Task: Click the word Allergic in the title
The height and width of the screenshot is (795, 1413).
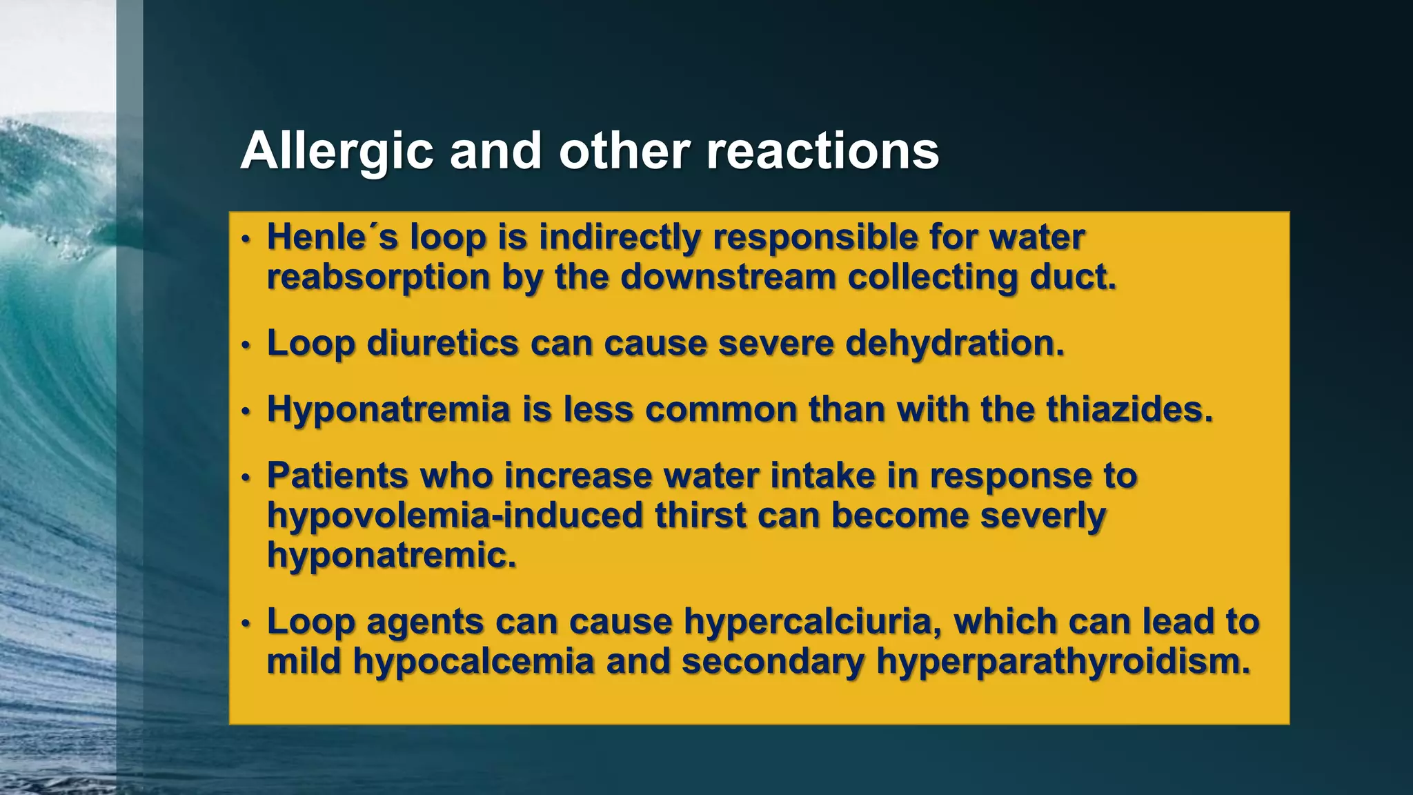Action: tap(337, 151)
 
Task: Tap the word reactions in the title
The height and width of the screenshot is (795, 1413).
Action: tap(822, 151)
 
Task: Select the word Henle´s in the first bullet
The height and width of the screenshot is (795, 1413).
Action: tap(333, 237)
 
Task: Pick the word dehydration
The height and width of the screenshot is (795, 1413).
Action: tap(954, 343)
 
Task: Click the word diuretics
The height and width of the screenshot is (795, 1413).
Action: tap(442, 343)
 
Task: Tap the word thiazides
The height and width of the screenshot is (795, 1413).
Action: tap(1129, 409)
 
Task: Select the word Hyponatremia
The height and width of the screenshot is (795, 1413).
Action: tap(388, 409)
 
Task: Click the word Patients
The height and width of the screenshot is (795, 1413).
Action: tap(338, 475)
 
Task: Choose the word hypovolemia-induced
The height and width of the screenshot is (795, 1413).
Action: tap(455, 516)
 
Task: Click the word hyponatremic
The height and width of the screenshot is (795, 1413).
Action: tap(391, 555)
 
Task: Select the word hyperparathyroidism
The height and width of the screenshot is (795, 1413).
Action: tap(1063, 661)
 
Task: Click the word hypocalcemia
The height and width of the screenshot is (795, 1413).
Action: tap(473, 661)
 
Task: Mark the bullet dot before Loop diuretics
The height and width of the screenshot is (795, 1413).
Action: tap(246, 345)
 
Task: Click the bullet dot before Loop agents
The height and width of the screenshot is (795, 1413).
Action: tap(246, 623)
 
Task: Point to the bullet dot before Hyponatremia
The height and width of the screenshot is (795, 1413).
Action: tap(246, 411)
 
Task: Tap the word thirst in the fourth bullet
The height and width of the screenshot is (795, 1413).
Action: tap(700, 516)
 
